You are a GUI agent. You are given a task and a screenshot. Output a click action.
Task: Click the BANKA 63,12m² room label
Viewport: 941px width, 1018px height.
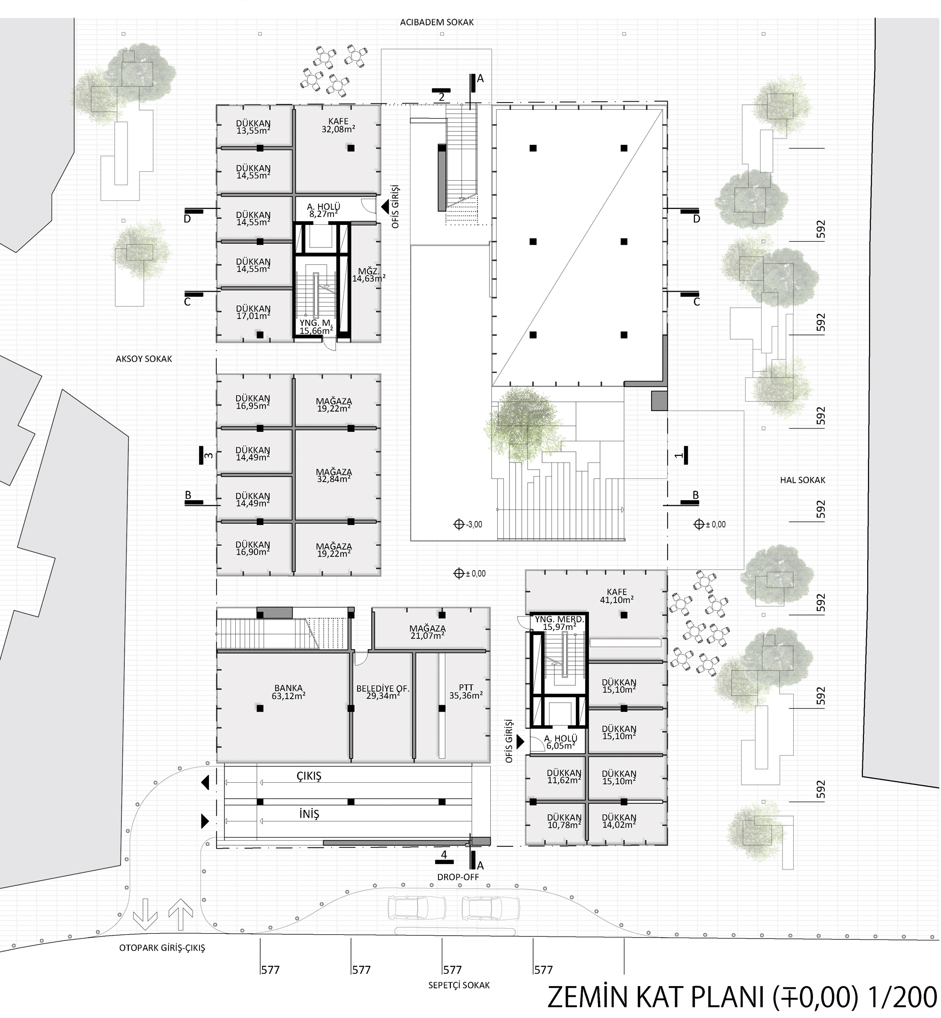tap(288, 692)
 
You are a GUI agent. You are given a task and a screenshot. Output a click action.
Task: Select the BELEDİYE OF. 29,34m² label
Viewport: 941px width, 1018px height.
tap(383, 692)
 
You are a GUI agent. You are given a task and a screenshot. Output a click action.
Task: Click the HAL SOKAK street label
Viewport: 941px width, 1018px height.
tap(803, 480)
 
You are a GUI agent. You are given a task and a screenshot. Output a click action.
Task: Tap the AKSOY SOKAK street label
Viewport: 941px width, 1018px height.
tap(144, 359)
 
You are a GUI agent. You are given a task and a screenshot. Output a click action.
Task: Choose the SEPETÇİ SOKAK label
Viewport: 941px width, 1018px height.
tap(459, 999)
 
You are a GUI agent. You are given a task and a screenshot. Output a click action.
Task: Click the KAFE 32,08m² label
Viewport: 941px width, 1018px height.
tap(338, 125)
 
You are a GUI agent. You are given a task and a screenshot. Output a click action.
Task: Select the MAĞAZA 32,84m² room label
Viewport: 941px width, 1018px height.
tap(334, 476)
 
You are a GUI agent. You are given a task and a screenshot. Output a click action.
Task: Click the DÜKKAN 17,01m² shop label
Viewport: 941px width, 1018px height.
tap(253, 312)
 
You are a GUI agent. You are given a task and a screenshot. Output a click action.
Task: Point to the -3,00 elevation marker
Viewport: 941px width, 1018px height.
tap(468, 524)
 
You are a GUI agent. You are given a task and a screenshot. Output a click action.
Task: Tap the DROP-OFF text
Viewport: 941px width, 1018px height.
tap(458, 877)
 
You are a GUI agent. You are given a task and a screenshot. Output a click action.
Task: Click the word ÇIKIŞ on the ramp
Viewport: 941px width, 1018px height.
tap(309, 776)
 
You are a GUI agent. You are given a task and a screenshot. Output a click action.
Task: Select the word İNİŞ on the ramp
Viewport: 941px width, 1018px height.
tap(309, 814)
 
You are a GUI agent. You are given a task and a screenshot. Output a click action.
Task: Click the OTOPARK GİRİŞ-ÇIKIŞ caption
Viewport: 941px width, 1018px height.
tap(162, 948)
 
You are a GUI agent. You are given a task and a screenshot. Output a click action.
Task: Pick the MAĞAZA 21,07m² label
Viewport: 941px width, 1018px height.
tap(428, 632)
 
